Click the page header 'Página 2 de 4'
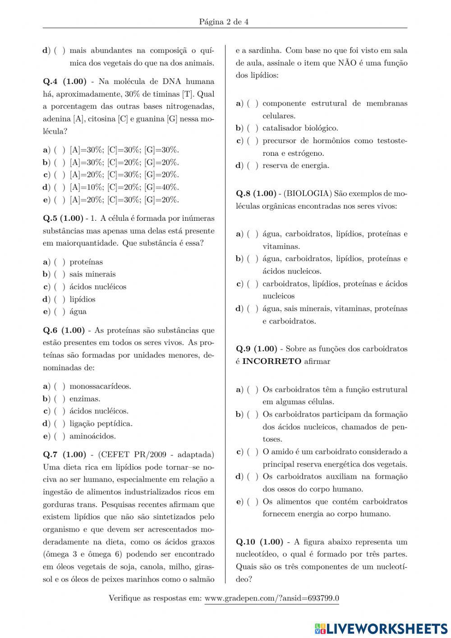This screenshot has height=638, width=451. [x=224, y=22]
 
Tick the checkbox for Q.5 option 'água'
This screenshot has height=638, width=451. [x=60, y=312]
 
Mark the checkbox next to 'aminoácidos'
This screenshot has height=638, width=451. [x=60, y=436]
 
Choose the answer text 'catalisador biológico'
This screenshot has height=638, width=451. [x=300, y=128]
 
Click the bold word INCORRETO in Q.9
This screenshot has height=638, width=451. [x=272, y=361]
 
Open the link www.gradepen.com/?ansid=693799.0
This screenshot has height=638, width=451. [x=272, y=598]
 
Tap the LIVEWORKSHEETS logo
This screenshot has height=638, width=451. [x=381, y=628]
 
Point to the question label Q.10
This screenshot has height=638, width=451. [x=246, y=542]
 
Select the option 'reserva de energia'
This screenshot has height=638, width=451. [x=295, y=166]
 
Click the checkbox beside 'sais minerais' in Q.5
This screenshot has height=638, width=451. [x=60, y=275]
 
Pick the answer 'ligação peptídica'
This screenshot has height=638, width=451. [x=101, y=424]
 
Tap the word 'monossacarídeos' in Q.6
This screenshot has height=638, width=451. [x=100, y=387]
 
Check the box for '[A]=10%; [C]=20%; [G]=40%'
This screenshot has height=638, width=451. [x=60, y=187]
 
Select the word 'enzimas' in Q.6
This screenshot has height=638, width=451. [x=85, y=399]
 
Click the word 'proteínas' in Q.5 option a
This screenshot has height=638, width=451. [x=86, y=262]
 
